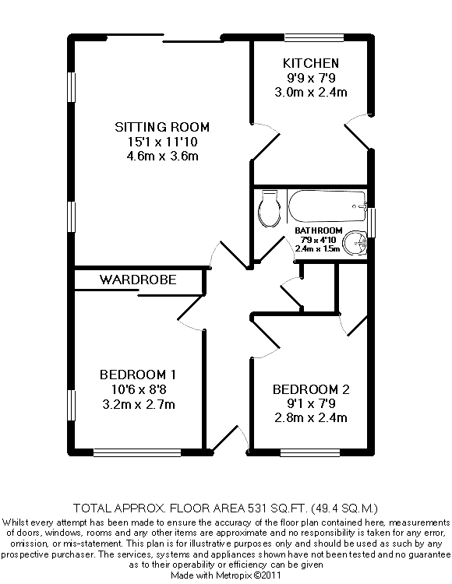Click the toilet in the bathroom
(269, 209)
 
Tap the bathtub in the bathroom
(327, 206)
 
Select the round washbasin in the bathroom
(355, 243)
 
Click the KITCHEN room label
(311, 63)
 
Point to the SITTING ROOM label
(162, 127)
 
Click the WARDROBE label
(138, 280)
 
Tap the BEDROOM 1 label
(138, 375)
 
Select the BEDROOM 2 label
(311, 389)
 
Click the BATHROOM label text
(318, 230)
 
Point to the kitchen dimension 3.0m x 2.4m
(311, 92)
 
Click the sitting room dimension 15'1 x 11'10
(162, 142)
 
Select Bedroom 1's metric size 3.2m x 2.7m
(138, 404)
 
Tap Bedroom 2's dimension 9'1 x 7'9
(311, 403)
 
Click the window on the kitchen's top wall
(314, 37)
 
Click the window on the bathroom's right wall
(372, 223)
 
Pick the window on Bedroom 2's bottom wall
(310, 452)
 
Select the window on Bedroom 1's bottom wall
(137, 452)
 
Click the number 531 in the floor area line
(257, 508)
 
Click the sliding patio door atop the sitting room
(162, 37)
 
